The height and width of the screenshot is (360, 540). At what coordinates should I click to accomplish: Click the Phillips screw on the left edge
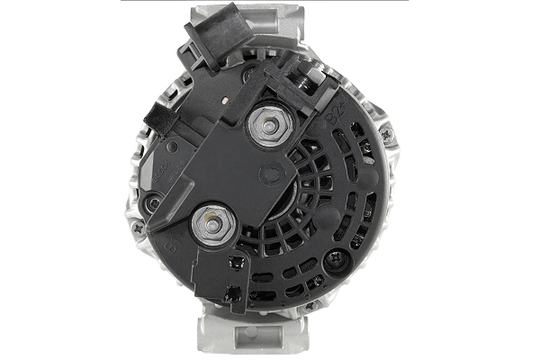[138, 229]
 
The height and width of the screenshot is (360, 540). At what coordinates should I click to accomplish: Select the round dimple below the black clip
[155, 203]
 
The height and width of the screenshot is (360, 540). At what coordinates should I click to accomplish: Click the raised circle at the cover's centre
[270, 173]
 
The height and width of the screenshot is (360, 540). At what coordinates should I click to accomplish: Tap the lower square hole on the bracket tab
[231, 292]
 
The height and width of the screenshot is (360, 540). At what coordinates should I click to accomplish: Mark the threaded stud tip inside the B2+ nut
[266, 124]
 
